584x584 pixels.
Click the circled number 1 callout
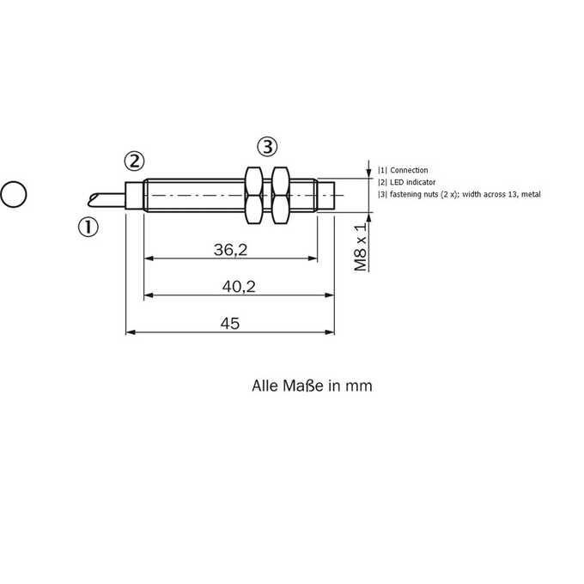(88, 227)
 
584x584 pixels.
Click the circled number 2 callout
(134, 161)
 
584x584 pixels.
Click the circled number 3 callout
(267, 147)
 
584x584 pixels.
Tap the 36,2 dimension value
(230, 250)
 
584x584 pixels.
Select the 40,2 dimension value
(239, 286)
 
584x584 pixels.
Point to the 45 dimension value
(230, 323)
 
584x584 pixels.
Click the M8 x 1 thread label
(360, 247)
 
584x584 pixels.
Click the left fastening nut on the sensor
(253, 195)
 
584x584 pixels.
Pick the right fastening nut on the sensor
(280, 195)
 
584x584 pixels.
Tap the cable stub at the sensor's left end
(106, 199)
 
